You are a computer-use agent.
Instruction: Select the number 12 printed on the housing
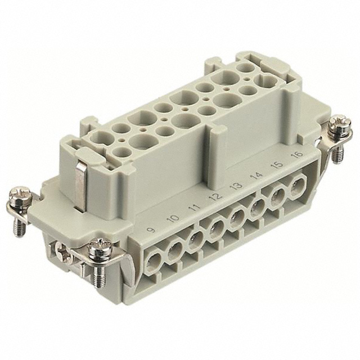[214, 197]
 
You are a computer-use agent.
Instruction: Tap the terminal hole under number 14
[258, 207]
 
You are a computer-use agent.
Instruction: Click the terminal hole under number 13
[237, 217]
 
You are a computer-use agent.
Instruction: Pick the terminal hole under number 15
[277, 197]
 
